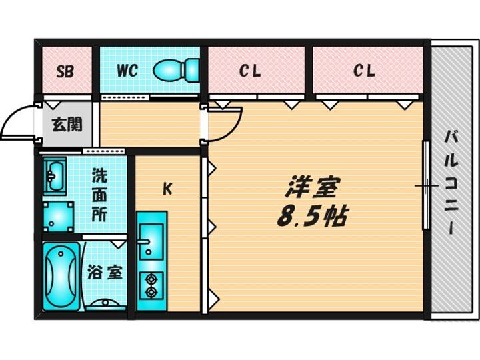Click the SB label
(65, 71)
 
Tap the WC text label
(127, 71)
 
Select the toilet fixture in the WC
(176, 71)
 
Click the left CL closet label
(249, 71)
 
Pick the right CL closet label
(364, 71)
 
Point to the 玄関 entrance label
(67, 124)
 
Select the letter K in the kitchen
(167, 189)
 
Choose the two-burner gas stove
(151, 285)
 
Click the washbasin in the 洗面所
(55, 177)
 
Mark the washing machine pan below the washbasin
(59, 217)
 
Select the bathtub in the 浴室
(61, 277)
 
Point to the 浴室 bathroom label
(105, 273)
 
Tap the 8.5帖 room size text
(312, 216)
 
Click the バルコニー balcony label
(451, 182)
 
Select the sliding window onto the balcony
(426, 185)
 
